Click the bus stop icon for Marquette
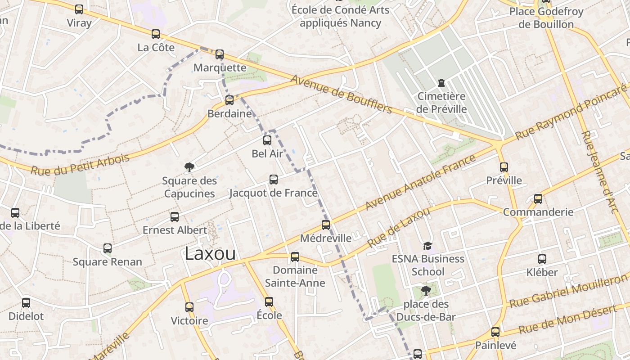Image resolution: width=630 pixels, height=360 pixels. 220,54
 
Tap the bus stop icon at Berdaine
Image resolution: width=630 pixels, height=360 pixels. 229,100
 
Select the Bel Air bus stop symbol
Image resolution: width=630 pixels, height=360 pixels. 267,140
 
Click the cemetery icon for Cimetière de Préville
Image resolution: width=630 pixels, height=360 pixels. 441,83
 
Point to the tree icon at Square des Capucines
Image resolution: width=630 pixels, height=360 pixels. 189,167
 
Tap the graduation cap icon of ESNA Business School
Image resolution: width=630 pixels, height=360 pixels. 427,246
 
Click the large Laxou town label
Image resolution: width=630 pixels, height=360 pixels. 210,253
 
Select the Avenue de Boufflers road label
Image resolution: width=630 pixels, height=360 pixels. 342,94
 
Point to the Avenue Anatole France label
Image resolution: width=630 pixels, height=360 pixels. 420,182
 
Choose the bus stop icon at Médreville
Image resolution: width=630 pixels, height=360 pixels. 326,225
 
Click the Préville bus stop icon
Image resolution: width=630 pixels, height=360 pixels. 504,167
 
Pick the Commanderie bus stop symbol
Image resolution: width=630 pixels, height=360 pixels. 538,198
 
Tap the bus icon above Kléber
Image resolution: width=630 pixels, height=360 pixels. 542,259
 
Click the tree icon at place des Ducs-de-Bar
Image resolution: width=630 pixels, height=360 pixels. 426,291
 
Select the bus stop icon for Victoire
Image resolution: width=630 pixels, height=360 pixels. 189,307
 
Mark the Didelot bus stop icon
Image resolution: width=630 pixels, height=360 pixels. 26,303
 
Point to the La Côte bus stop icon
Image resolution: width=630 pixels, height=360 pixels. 156,34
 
